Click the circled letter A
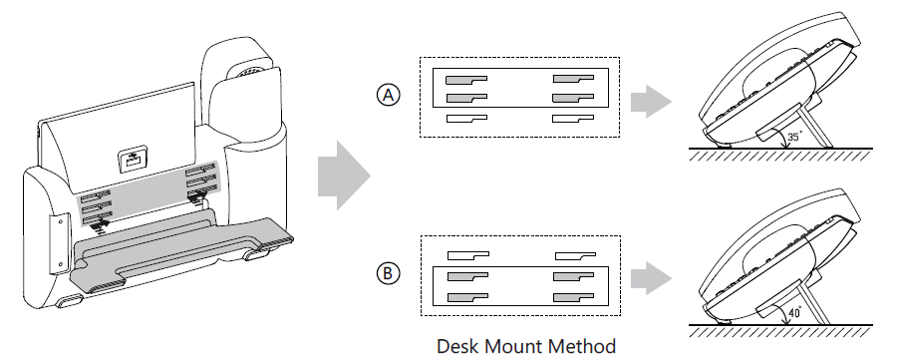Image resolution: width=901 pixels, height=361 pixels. [388, 95]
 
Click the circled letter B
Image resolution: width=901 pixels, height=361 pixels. [388, 273]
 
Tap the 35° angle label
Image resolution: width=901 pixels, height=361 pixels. [794, 138]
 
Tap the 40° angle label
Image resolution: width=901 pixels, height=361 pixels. [794, 314]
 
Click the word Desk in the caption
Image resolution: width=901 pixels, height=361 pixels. [457, 346]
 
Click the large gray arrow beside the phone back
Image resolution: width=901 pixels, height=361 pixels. [344, 176]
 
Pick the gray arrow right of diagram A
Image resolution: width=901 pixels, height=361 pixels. [651, 102]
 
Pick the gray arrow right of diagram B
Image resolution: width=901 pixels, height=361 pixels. [651, 278]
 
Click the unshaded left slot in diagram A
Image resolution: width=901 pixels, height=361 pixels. [466, 119]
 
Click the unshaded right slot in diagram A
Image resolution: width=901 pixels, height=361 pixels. [573, 119]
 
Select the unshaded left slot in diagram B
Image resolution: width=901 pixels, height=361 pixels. [468, 254]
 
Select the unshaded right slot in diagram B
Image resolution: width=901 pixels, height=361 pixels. [575, 254]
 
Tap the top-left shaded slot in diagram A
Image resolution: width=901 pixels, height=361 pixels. [466, 80]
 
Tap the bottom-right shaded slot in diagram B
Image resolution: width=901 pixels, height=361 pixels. [573, 297]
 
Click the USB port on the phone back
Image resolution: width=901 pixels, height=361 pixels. [131, 161]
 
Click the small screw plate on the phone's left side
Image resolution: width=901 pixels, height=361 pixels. [60, 243]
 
